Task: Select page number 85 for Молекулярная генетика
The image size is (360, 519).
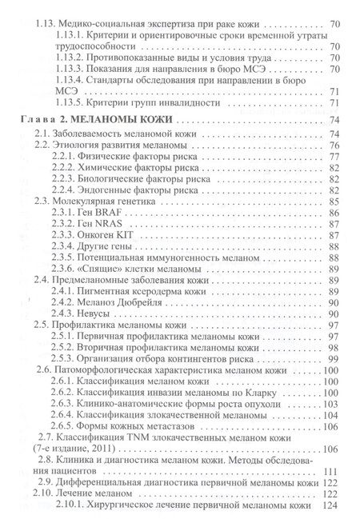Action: pyautogui.click(x=336, y=202)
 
